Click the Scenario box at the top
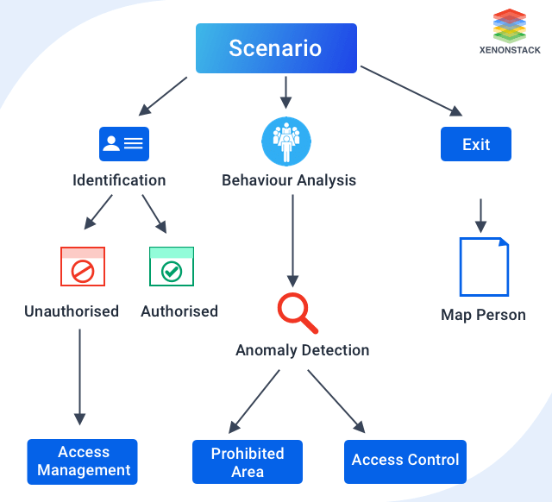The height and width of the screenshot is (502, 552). point(275,47)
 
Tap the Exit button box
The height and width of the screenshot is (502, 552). point(475,144)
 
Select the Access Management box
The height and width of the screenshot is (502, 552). point(83,461)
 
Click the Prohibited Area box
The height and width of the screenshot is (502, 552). point(247,462)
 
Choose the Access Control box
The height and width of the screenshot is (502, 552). point(405,461)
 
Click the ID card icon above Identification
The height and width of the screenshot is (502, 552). point(123,144)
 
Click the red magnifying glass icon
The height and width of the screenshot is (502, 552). point(297,313)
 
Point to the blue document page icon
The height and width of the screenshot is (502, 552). point(483,267)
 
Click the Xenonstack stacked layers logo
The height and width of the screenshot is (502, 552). point(510,26)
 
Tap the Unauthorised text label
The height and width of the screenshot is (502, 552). point(72,311)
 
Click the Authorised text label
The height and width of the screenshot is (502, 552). point(179,311)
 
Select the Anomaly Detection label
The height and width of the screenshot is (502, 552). point(302,350)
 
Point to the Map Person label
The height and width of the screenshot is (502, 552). point(483,315)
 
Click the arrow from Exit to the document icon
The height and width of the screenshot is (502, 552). point(481,216)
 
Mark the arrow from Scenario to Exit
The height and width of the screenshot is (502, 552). point(411,91)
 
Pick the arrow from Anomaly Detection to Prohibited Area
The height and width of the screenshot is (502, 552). point(254,401)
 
